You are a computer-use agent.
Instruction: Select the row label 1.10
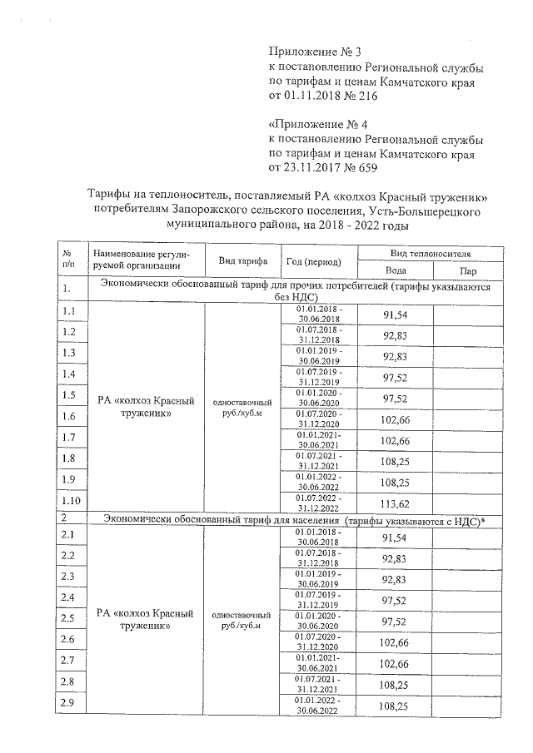tap(72, 500)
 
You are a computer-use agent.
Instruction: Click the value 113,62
tap(396, 501)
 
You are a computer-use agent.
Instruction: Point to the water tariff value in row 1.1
tap(396, 315)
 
